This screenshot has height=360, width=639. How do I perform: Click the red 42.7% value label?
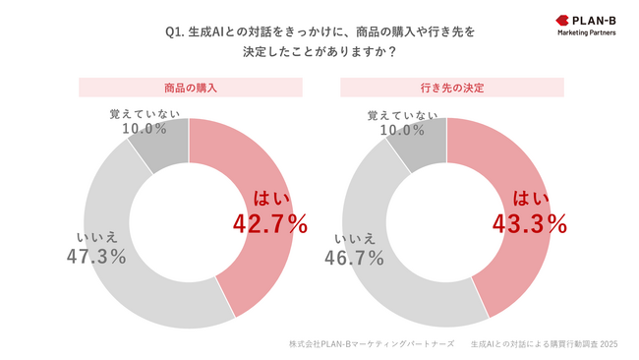(270, 223)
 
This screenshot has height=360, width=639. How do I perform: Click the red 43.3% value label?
(529, 223)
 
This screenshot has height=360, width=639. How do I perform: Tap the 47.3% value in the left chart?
(96, 256)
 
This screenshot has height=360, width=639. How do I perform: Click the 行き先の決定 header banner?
(447, 88)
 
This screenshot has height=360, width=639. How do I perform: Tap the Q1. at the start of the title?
(176, 31)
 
